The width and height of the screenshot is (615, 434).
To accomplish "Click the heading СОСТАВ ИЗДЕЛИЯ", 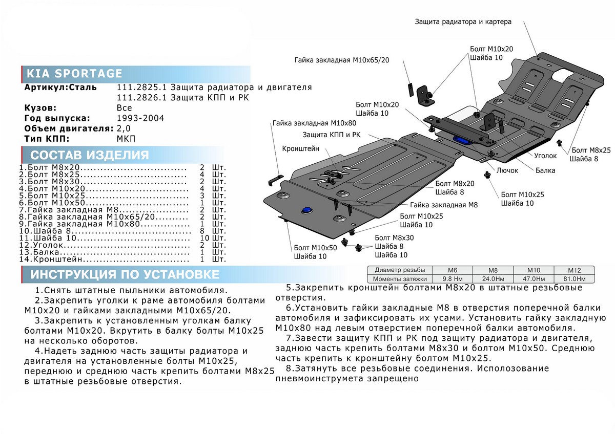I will point(90,156).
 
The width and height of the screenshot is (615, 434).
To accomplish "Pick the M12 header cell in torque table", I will point(573,270).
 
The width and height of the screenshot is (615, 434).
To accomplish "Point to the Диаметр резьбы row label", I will point(399,270).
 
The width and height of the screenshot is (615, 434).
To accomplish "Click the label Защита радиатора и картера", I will point(463,21).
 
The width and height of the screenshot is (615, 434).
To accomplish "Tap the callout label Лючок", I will point(507,170).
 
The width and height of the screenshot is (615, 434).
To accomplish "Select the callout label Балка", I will point(546,170).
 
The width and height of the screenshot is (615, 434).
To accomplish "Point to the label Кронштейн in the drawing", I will point(300,148).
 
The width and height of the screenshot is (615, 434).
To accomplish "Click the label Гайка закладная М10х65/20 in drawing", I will point(342,60).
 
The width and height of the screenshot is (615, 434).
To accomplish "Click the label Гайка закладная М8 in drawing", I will point(443,204).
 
